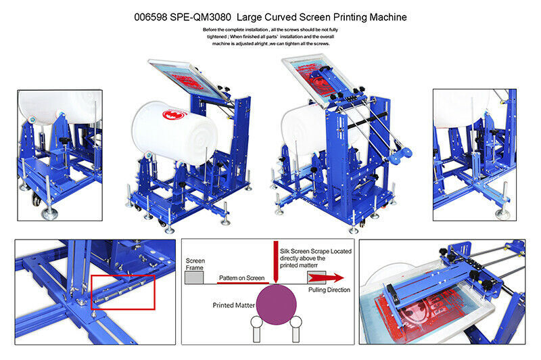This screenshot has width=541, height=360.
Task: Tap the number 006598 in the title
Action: pos(151,18)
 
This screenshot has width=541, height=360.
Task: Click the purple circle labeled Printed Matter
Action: pos(277,305)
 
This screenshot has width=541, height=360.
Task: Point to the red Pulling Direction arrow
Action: pos(326,278)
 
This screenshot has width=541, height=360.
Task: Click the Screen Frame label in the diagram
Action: pos(195,264)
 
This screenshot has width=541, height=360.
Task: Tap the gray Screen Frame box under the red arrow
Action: pos(316,277)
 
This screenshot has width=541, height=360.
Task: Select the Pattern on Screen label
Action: pos(241,278)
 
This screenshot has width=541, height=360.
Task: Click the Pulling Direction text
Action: pos(329,290)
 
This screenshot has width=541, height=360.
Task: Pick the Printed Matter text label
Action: pos(233,305)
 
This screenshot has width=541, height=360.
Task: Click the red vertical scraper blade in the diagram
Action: pos(276,261)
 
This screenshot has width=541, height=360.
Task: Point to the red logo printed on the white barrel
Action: pos(174,114)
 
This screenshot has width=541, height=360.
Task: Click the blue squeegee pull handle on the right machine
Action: pos(400,155)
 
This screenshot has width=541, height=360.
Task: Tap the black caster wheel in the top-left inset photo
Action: pos(36,200)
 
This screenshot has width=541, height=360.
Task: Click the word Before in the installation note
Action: pos(210,30)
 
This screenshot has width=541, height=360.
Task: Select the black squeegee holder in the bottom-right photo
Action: pos(392,293)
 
